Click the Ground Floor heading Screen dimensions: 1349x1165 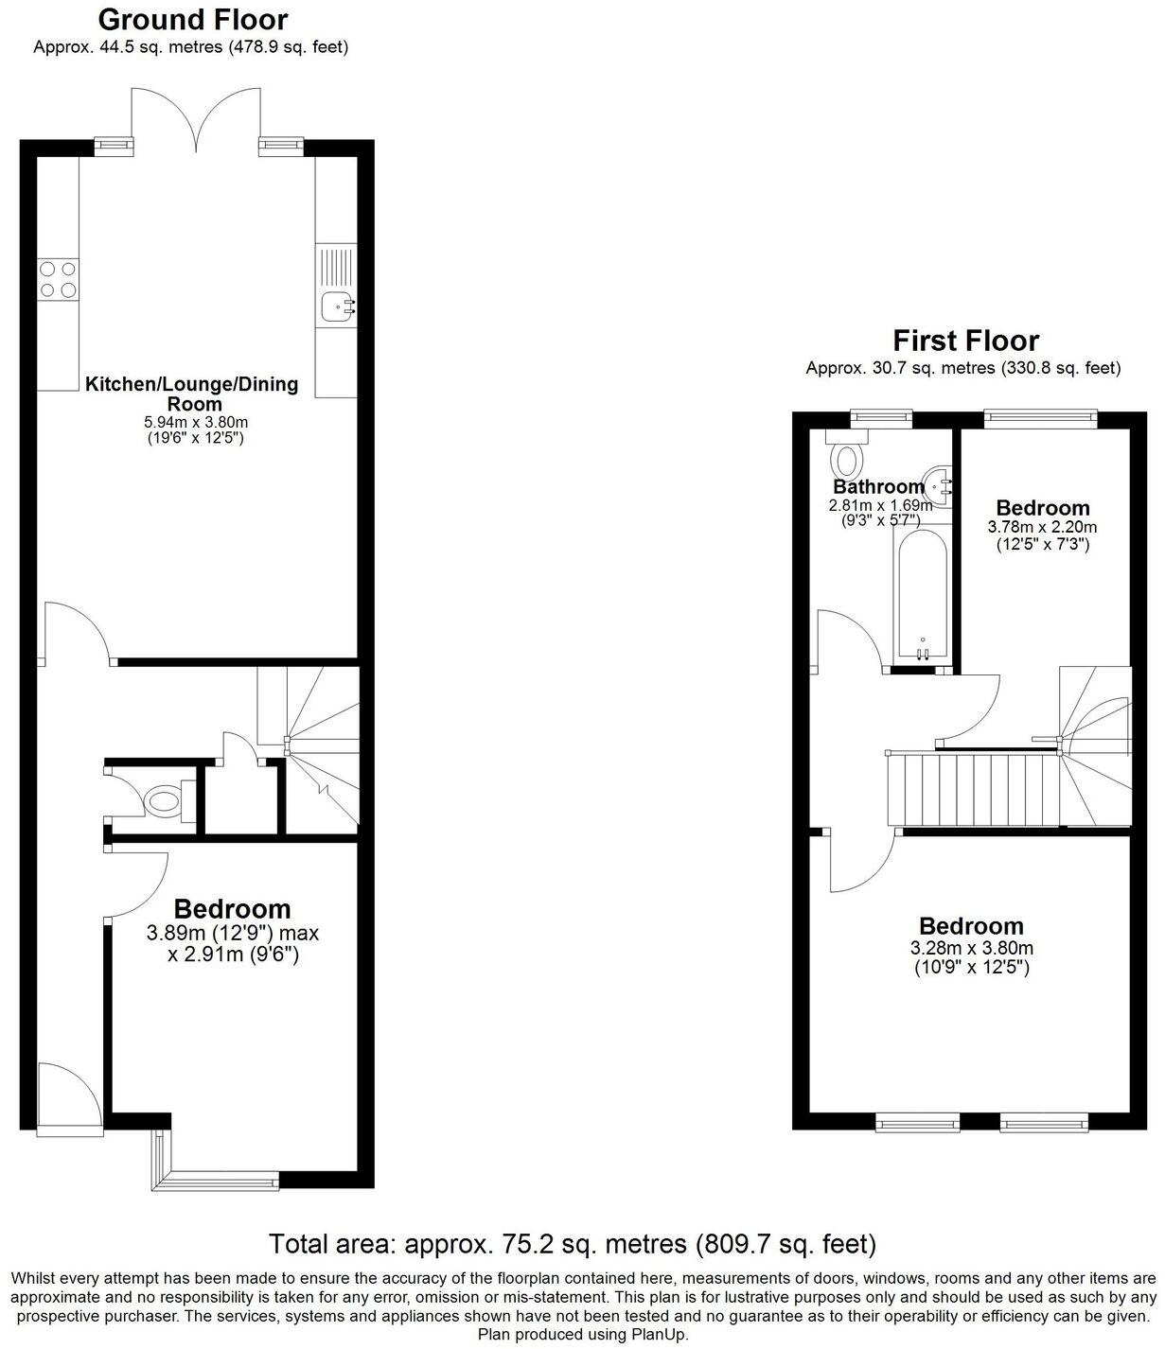coord(193,20)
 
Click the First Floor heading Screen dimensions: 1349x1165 coord(965,341)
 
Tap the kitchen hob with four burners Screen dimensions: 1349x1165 coord(58,280)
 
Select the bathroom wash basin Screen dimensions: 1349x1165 coord(939,484)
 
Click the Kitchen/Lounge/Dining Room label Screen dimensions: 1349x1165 coord(191,394)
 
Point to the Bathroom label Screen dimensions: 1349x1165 coord(877,487)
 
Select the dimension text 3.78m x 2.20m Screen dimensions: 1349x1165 coord(1042,527)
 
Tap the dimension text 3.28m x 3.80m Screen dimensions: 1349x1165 coord(971,948)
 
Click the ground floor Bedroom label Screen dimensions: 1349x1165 coord(232,909)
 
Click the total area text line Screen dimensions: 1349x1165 coord(573,1243)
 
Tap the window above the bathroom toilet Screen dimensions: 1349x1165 coord(880,413)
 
